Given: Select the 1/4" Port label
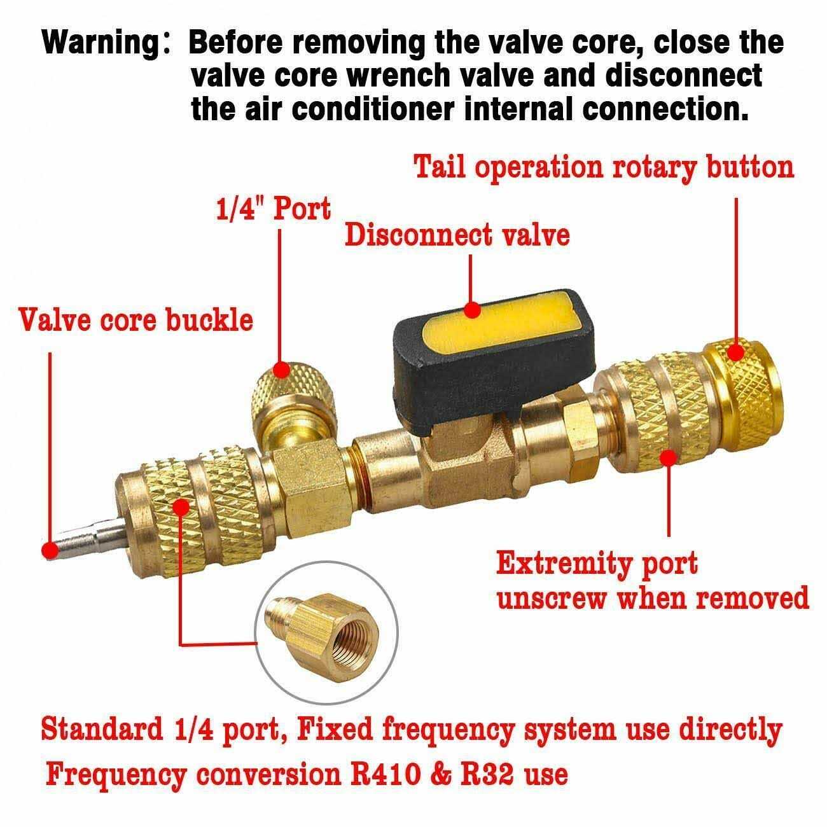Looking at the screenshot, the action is coord(274,209).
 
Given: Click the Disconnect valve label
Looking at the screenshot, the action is coord(457,235).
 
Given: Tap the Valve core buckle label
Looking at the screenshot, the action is coord(136,320).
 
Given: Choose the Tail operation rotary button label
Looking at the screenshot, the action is coord(604,167).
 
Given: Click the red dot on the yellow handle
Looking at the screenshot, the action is coord(473,309).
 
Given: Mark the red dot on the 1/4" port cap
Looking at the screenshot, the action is coord(282,370).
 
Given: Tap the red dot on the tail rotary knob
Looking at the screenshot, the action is coord(735,353).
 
